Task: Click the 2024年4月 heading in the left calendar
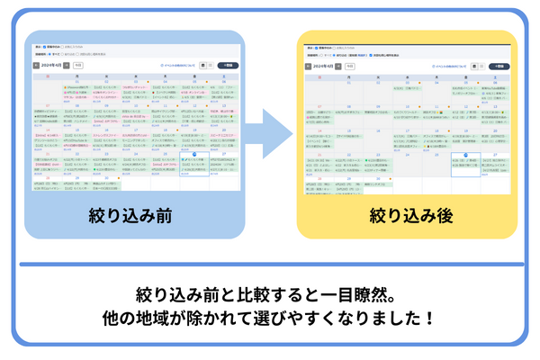tap(54, 65)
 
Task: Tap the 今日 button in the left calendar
tap(79, 65)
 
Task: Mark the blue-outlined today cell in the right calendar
tap(464, 165)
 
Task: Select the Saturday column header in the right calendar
tap(496, 78)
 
